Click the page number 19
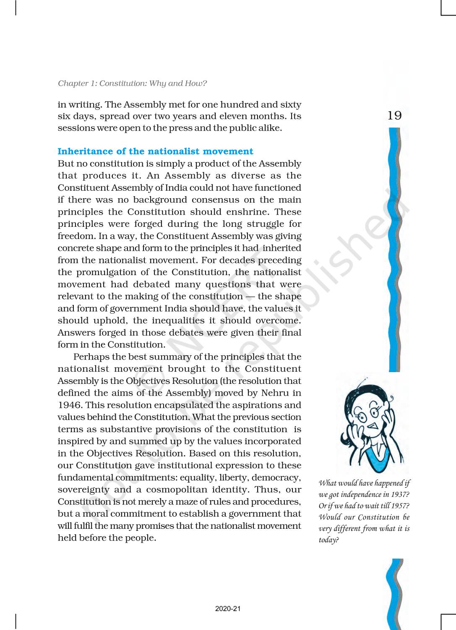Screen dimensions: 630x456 coord(394,115)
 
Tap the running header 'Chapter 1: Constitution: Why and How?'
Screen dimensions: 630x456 coord(132,83)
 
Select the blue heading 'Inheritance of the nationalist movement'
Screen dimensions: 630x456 coord(155,151)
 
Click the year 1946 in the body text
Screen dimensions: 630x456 coord(69,405)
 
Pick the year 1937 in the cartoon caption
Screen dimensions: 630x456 coord(396,494)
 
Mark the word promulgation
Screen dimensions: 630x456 coord(107,272)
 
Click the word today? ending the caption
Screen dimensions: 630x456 coord(328,540)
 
